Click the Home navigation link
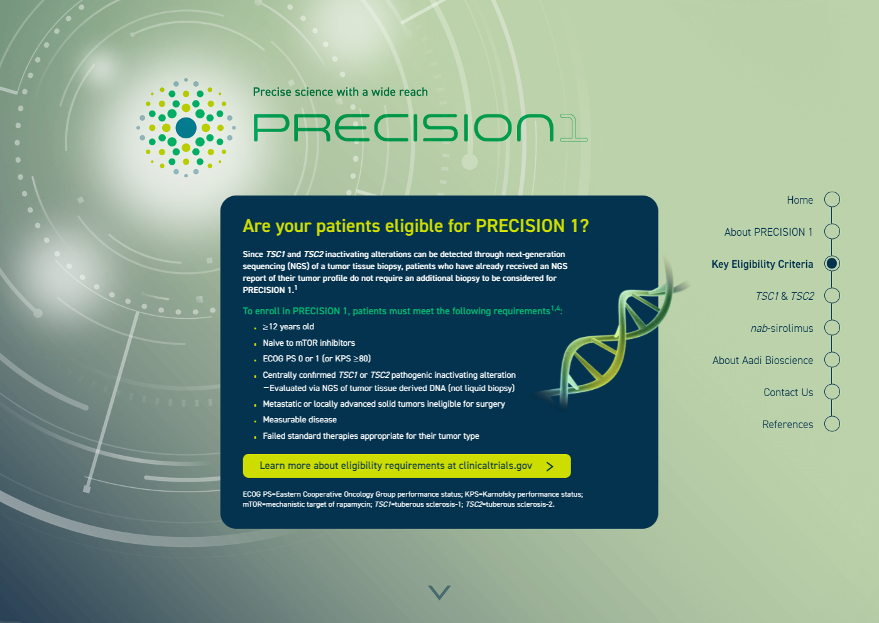tap(800, 200)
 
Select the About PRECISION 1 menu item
tap(768, 232)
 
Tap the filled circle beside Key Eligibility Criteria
tap(832, 263)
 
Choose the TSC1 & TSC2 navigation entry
tap(785, 296)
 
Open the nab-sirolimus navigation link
tap(782, 328)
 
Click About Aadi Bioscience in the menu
tap(763, 360)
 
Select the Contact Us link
tap(789, 392)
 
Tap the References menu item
tap(787, 424)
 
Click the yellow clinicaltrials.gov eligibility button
tap(407, 466)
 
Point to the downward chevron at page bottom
tap(440, 592)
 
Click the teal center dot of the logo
tap(186, 128)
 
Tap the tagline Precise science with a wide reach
tap(340, 92)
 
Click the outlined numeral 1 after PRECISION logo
tap(573, 128)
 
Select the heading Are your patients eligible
tap(416, 226)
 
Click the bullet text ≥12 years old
tap(288, 327)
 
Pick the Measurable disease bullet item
tap(300, 420)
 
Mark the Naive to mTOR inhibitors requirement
tap(309, 343)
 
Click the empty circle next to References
tap(832, 424)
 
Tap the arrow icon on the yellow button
tap(550, 466)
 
